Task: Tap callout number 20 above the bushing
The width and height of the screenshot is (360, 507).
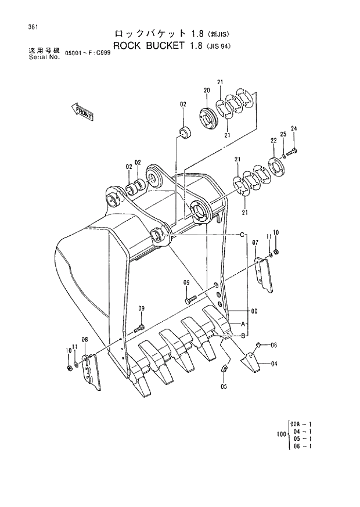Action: (x=206, y=90)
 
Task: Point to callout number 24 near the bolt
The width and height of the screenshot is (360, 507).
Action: (x=294, y=128)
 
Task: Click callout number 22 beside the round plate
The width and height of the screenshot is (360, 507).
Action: (x=273, y=141)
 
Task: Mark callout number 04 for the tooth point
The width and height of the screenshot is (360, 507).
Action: (x=273, y=364)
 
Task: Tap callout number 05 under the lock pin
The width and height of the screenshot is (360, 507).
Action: (x=224, y=386)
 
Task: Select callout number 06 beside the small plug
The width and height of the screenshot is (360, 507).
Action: (x=273, y=345)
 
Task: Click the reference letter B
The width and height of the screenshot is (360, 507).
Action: (x=242, y=335)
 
